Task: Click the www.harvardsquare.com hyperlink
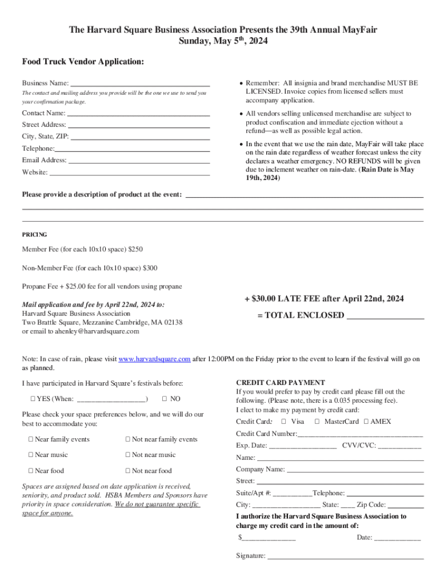point(154,359)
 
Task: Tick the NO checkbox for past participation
point(165,399)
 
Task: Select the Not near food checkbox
point(128,471)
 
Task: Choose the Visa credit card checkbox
point(283,422)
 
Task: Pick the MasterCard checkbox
point(317,422)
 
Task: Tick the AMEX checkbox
point(366,422)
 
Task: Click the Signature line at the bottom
point(345,556)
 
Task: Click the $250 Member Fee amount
point(135,250)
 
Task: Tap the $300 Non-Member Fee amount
point(150,268)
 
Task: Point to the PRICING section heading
point(34,235)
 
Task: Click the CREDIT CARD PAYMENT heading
point(281,383)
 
